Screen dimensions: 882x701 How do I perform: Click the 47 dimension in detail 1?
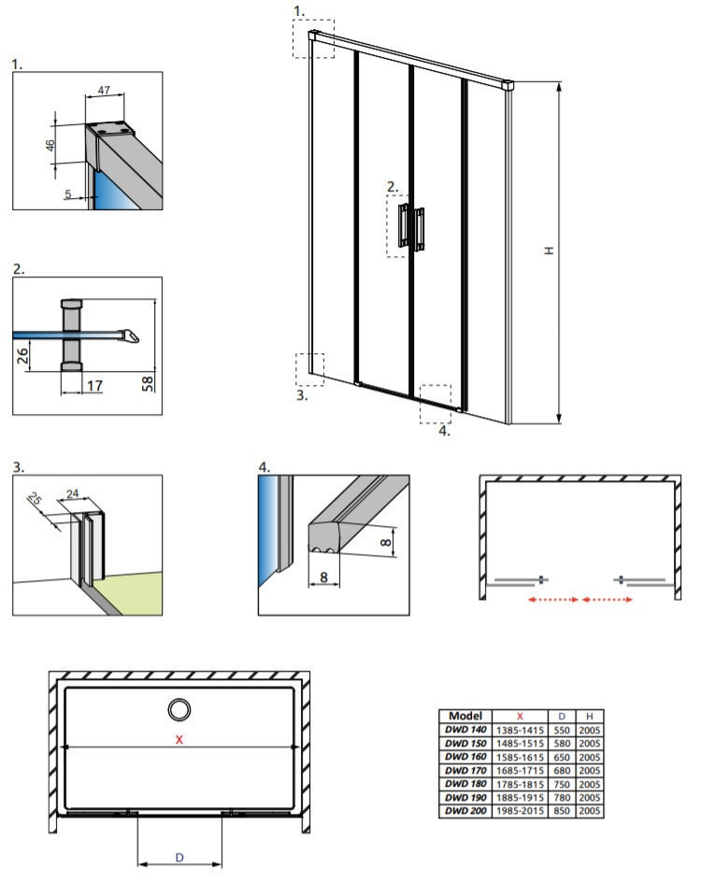105,92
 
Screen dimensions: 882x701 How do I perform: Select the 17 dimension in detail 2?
92,384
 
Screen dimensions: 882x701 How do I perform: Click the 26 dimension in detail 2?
24,353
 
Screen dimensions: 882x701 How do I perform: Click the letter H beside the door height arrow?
550,250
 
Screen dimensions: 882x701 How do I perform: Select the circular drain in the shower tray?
178,709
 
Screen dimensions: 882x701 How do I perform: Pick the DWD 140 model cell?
465,730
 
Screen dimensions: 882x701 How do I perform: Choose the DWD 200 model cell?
465,810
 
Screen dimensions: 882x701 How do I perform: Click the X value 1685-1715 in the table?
520,770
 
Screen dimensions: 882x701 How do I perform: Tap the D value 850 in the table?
563,810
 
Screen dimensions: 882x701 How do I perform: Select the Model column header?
465,716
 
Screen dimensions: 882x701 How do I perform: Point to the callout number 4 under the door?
445,431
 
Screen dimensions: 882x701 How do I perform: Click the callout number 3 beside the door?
301,394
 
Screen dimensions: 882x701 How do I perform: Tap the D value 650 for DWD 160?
563,757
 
